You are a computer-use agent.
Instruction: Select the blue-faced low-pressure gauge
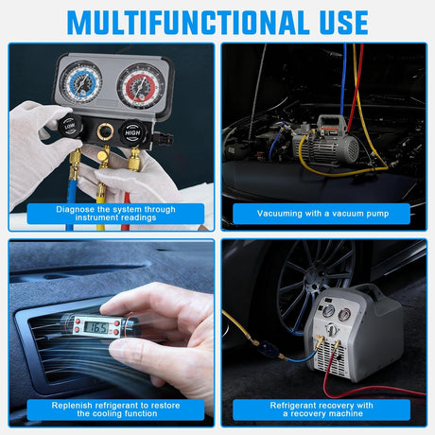point(81,83)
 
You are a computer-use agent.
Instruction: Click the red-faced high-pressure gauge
point(140,86)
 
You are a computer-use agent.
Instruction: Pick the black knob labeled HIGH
point(135,133)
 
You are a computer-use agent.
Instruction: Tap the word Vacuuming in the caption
point(286,214)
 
